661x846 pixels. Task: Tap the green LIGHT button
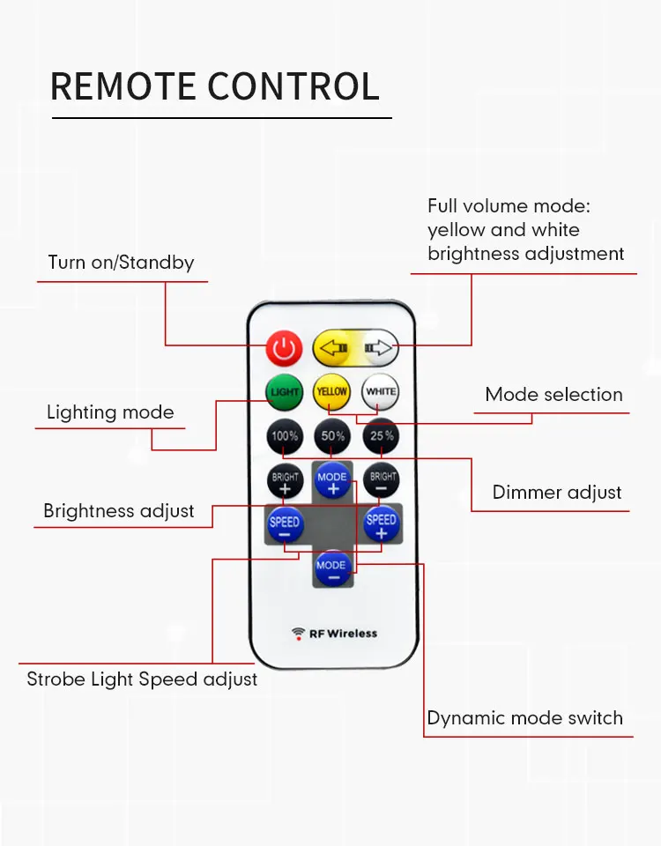285,391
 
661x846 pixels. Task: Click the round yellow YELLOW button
331,391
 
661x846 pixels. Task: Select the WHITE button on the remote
381,391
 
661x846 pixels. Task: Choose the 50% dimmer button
332,436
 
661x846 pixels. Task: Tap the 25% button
381,436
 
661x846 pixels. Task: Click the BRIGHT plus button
285,481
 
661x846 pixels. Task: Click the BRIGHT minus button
382,480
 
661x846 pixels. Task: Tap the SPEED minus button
285,524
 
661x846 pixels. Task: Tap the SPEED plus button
381,523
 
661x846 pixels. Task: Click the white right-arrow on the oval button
378,348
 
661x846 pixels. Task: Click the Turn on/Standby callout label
121,263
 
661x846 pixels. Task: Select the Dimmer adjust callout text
557,492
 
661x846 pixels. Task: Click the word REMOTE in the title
123,86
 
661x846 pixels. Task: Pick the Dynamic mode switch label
525,718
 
